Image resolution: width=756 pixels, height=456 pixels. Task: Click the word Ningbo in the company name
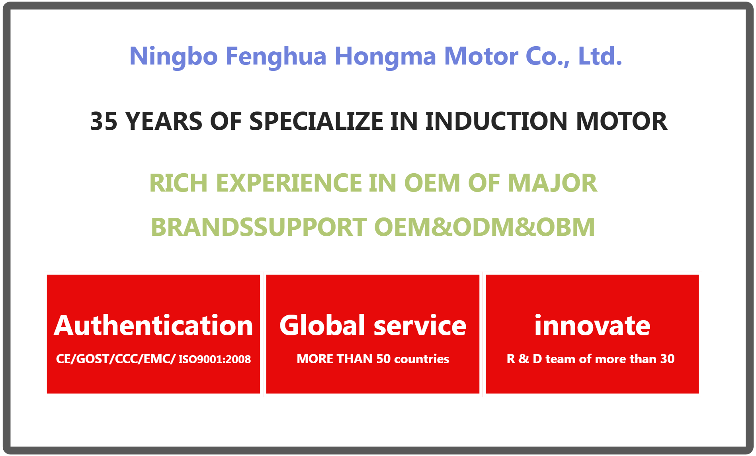174,57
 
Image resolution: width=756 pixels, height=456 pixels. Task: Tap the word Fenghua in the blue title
276,57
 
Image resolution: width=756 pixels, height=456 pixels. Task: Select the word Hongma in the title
385,57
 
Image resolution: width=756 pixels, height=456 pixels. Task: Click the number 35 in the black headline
104,121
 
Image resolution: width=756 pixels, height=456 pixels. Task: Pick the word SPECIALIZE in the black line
316,121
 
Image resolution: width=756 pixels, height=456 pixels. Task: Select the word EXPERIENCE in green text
289,183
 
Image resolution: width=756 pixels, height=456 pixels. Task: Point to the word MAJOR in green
553,183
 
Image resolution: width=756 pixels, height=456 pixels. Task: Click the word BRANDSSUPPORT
259,227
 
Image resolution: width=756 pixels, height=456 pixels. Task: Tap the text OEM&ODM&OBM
484,227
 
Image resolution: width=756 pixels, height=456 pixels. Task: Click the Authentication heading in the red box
153,326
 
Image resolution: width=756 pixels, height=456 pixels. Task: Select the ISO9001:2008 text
215,359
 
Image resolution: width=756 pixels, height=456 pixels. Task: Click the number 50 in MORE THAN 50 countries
383,359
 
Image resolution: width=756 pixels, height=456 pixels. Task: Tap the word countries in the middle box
422,359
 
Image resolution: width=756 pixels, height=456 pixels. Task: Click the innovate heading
592,325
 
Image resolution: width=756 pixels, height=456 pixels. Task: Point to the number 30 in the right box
667,359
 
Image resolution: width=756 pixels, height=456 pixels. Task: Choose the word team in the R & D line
561,359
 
